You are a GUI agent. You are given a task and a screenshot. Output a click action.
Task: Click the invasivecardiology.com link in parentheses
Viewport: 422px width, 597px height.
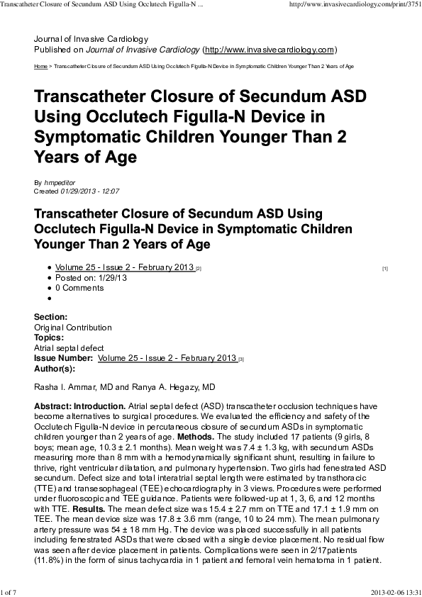(269, 50)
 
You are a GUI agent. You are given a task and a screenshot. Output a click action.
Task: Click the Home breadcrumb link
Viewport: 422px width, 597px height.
(40, 66)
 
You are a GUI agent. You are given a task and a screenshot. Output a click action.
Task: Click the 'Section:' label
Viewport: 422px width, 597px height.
(51, 317)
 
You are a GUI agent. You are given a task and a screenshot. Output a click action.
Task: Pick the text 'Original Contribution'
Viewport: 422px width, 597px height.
(73, 328)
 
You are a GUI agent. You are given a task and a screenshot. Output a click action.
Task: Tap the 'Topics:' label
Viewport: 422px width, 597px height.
(50, 338)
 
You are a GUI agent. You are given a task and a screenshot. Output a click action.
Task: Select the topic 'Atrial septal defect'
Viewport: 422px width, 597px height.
(69, 348)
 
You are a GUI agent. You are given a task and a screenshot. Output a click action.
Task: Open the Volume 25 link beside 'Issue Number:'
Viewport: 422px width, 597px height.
(167, 359)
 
